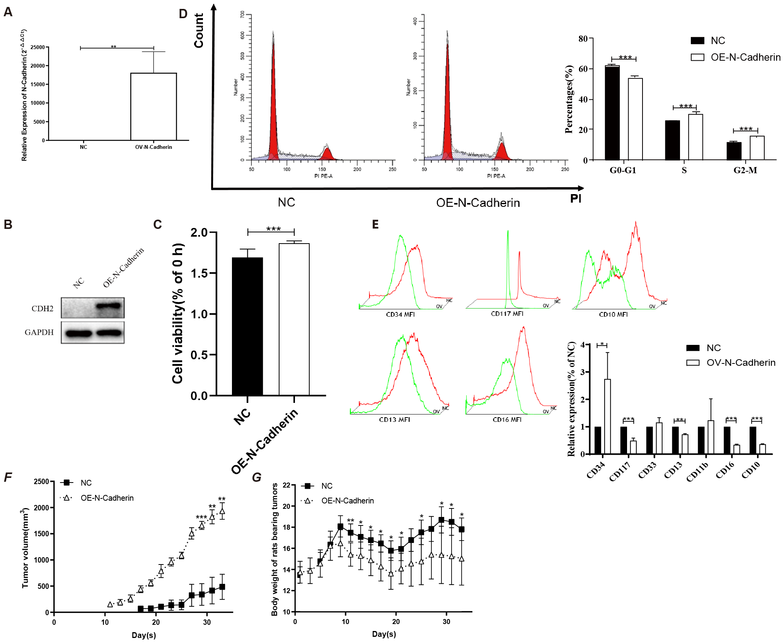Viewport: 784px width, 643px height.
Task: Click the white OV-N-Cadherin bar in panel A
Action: click(153, 106)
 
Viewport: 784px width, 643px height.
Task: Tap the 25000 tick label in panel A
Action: click(37, 47)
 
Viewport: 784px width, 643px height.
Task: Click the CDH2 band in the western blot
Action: click(109, 306)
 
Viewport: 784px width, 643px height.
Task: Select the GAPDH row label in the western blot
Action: click(39, 332)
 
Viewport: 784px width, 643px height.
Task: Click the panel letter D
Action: click(183, 14)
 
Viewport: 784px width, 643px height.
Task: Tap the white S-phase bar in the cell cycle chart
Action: click(695, 137)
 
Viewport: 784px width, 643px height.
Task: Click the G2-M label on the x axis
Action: click(745, 170)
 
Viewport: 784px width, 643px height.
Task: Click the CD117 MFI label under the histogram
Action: click(507, 314)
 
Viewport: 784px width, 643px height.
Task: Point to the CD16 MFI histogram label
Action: click(507, 420)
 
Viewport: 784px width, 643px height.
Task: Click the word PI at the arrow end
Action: click(576, 199)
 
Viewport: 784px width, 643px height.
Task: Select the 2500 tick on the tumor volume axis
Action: click(41, 481)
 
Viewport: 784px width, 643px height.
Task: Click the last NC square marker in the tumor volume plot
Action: click(222, 587)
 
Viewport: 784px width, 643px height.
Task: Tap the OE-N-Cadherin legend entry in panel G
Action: click(347, 501)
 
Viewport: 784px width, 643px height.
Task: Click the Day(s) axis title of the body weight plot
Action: click(383, 634)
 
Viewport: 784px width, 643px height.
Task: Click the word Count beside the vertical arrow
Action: click(199, 31)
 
